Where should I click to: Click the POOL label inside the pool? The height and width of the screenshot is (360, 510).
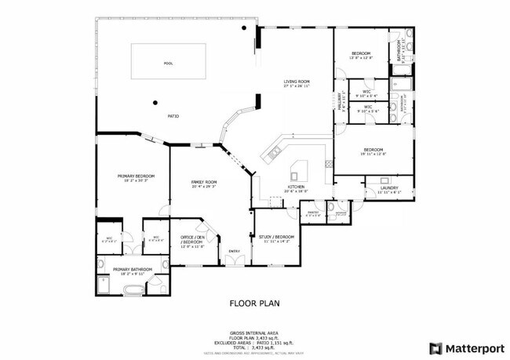pos(168,64)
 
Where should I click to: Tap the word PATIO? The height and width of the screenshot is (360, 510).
pos(173,116)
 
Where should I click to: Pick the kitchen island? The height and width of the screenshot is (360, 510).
pos(300,170)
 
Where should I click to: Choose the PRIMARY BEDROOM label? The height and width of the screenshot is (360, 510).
pos(136,177)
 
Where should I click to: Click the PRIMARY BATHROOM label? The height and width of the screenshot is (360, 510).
pos(131,271)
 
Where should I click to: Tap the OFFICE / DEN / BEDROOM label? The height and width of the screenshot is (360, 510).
pos(192,242)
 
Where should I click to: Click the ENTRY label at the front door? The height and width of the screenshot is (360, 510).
pos(233,251)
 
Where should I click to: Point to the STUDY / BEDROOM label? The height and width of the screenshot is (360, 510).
pos(275,238)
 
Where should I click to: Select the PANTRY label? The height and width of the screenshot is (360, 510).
pos(311,213)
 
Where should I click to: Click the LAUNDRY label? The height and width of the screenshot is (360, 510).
pos(388,188)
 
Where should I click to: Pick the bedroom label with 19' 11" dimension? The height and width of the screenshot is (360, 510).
pos(373,151)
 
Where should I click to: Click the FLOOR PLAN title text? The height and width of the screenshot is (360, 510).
pos(254,302)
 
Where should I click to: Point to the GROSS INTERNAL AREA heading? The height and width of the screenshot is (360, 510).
pos(254,333)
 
